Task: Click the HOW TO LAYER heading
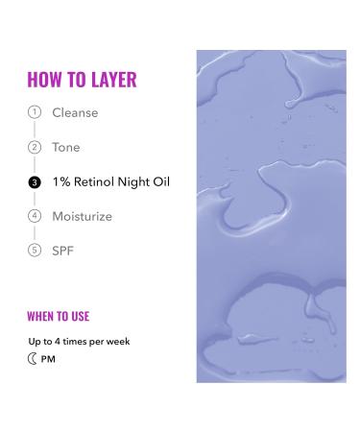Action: [x=83, y=79]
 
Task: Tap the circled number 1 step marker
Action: [x=35, y=112]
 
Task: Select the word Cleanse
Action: [x=75, y=112]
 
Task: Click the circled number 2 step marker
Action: [x=35, y=147]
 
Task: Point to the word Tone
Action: [x=66, y=147]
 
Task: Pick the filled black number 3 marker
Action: [x=35, y=181]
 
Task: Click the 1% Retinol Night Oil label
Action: [x=110, y=181]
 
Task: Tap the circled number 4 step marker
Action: [x=35, y=216]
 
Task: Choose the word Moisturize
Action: [x=82, y=216]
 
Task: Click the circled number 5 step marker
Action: [x=35, y=250]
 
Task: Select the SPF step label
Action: [x=62, y=250]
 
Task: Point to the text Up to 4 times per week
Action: [x=79, y=341]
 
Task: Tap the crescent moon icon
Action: [x=34, y=359]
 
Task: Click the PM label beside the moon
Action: [x=49, y=359]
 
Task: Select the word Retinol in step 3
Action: [x=99, y=181]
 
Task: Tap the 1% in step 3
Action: [x=61, y=181]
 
